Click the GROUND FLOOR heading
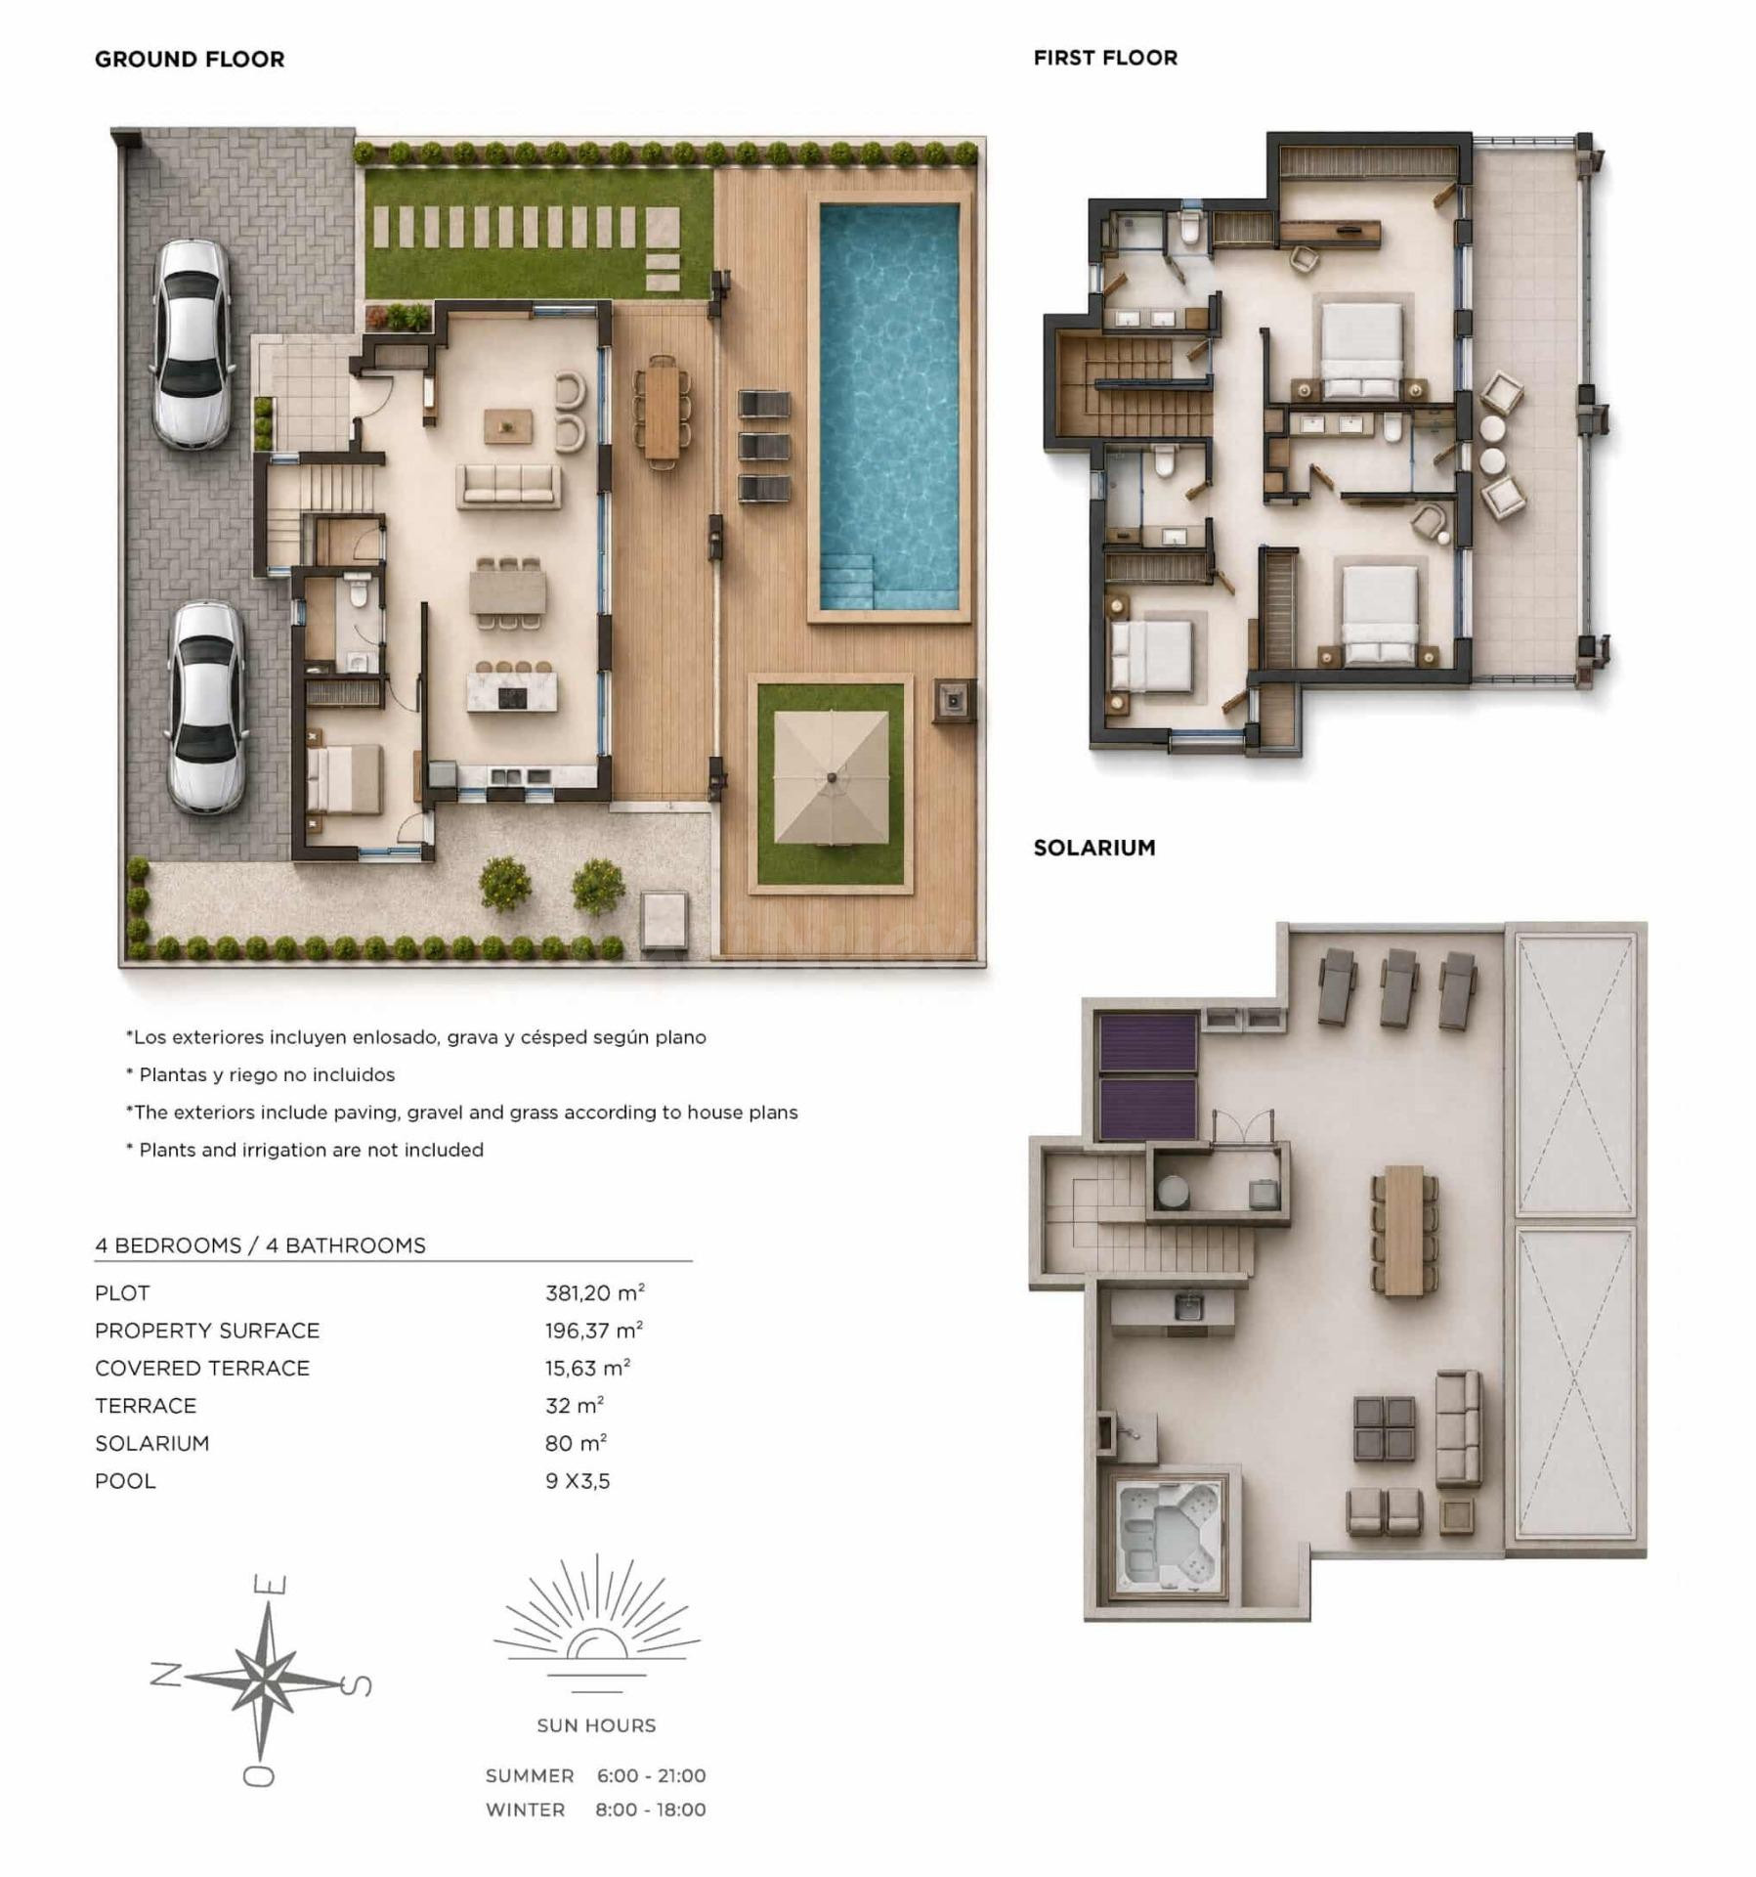click(190, 59)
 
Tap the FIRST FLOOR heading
click(1105, 58)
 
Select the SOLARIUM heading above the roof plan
click(1094, 848)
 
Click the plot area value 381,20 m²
click(595, 1292)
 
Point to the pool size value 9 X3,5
click(578, 1480)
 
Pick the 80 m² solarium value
click(577, 1443)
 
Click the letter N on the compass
click(165, 1675)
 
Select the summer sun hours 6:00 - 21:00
click(651, 1774)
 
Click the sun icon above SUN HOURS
click(596, 1624)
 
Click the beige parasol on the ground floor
click(831, 776)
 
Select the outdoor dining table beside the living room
click(662, 408)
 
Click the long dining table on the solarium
click(1404, 1230)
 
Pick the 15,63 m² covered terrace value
click(588, 1368)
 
